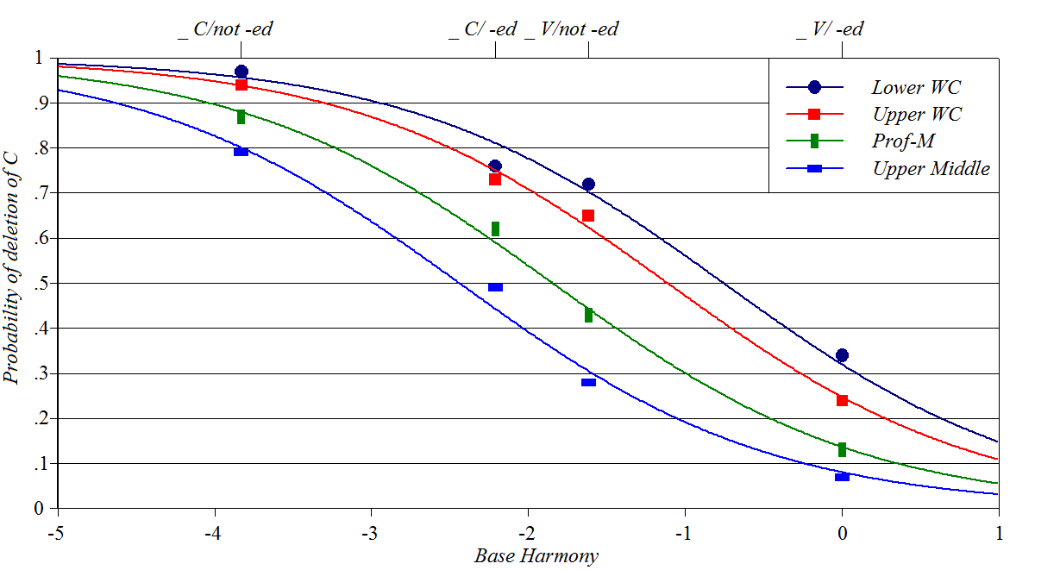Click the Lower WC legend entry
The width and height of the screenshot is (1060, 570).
[x=915, y=87]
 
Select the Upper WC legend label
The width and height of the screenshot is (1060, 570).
[x=916, y=115]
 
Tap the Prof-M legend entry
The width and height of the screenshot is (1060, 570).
[x=903, y=141]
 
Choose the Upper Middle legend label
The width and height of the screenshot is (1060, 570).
[x=931, y=169]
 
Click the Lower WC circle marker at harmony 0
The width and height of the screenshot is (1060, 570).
[x=842, y=355]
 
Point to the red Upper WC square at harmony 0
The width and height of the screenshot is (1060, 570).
[x=842, y=400]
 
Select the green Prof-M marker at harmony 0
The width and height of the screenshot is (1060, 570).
[x=842, y=449]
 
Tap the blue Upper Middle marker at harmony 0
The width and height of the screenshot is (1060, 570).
[x=842, y=476]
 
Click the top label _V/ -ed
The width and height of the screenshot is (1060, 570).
[x=830, y=29]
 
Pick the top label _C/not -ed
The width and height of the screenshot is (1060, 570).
[x=226, y=29]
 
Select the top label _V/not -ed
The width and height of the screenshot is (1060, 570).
[x=572, y=29]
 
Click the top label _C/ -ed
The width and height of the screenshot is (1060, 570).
[x=483, y=29]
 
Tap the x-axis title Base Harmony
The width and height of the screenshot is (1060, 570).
[x=536, y=556]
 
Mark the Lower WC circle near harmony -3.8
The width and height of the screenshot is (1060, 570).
[x=241, y=72]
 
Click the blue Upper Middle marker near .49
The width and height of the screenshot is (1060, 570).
[x=495, y=287]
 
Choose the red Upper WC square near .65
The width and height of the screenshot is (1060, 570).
[x=588, y=216]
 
